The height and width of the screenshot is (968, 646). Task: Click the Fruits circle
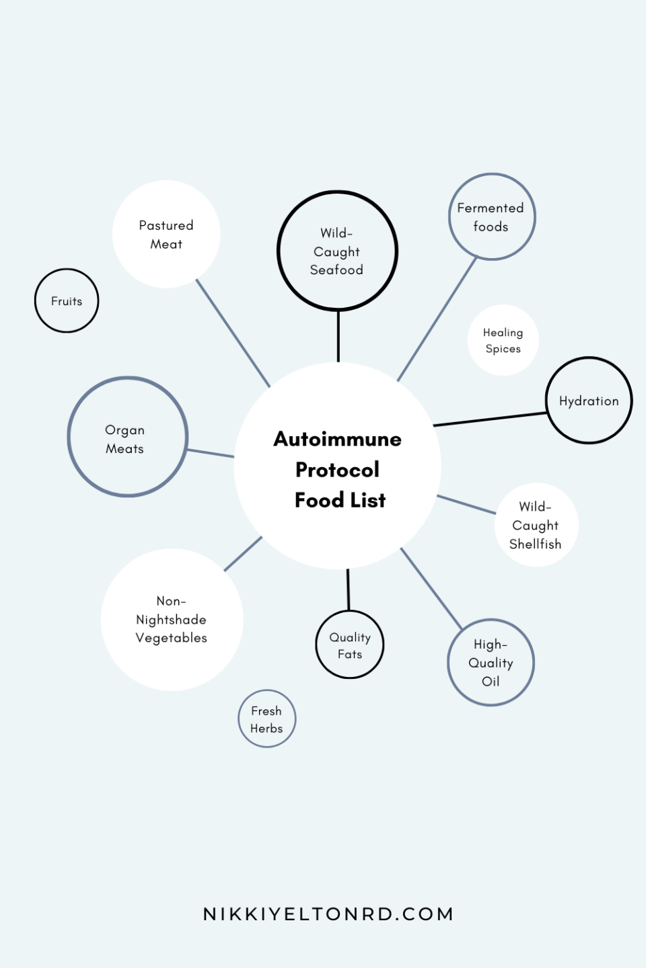coord(67,300)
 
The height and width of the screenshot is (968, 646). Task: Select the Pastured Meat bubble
coord(166,234)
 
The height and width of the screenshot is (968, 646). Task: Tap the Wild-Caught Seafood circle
coord(337,251)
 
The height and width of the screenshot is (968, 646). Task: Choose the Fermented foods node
coord(492,216)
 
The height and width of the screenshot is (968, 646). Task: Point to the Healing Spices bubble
coord(503,340)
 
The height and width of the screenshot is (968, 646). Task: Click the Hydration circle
coord(589,401)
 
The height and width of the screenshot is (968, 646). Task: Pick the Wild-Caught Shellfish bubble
coord(536,525)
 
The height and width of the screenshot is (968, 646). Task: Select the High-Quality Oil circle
coord(491,662)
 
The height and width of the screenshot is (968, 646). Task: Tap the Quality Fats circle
coord(350,645)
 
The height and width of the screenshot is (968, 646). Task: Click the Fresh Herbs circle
coord(266,719)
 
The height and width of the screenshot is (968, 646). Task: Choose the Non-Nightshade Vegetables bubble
coord(172,619)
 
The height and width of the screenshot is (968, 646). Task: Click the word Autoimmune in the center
coord(337,439)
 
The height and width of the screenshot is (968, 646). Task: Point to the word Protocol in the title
coord(337,469)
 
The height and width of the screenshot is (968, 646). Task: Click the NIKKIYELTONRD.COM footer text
coord(328,914)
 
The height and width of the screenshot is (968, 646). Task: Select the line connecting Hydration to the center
coord(490,419)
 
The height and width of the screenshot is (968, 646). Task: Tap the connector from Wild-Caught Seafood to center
coord(338,336)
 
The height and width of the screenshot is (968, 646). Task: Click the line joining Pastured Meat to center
coord(233,333)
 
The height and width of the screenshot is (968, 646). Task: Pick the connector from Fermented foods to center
coord(437,319)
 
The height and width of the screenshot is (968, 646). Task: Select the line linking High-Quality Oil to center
coord(431,588)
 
